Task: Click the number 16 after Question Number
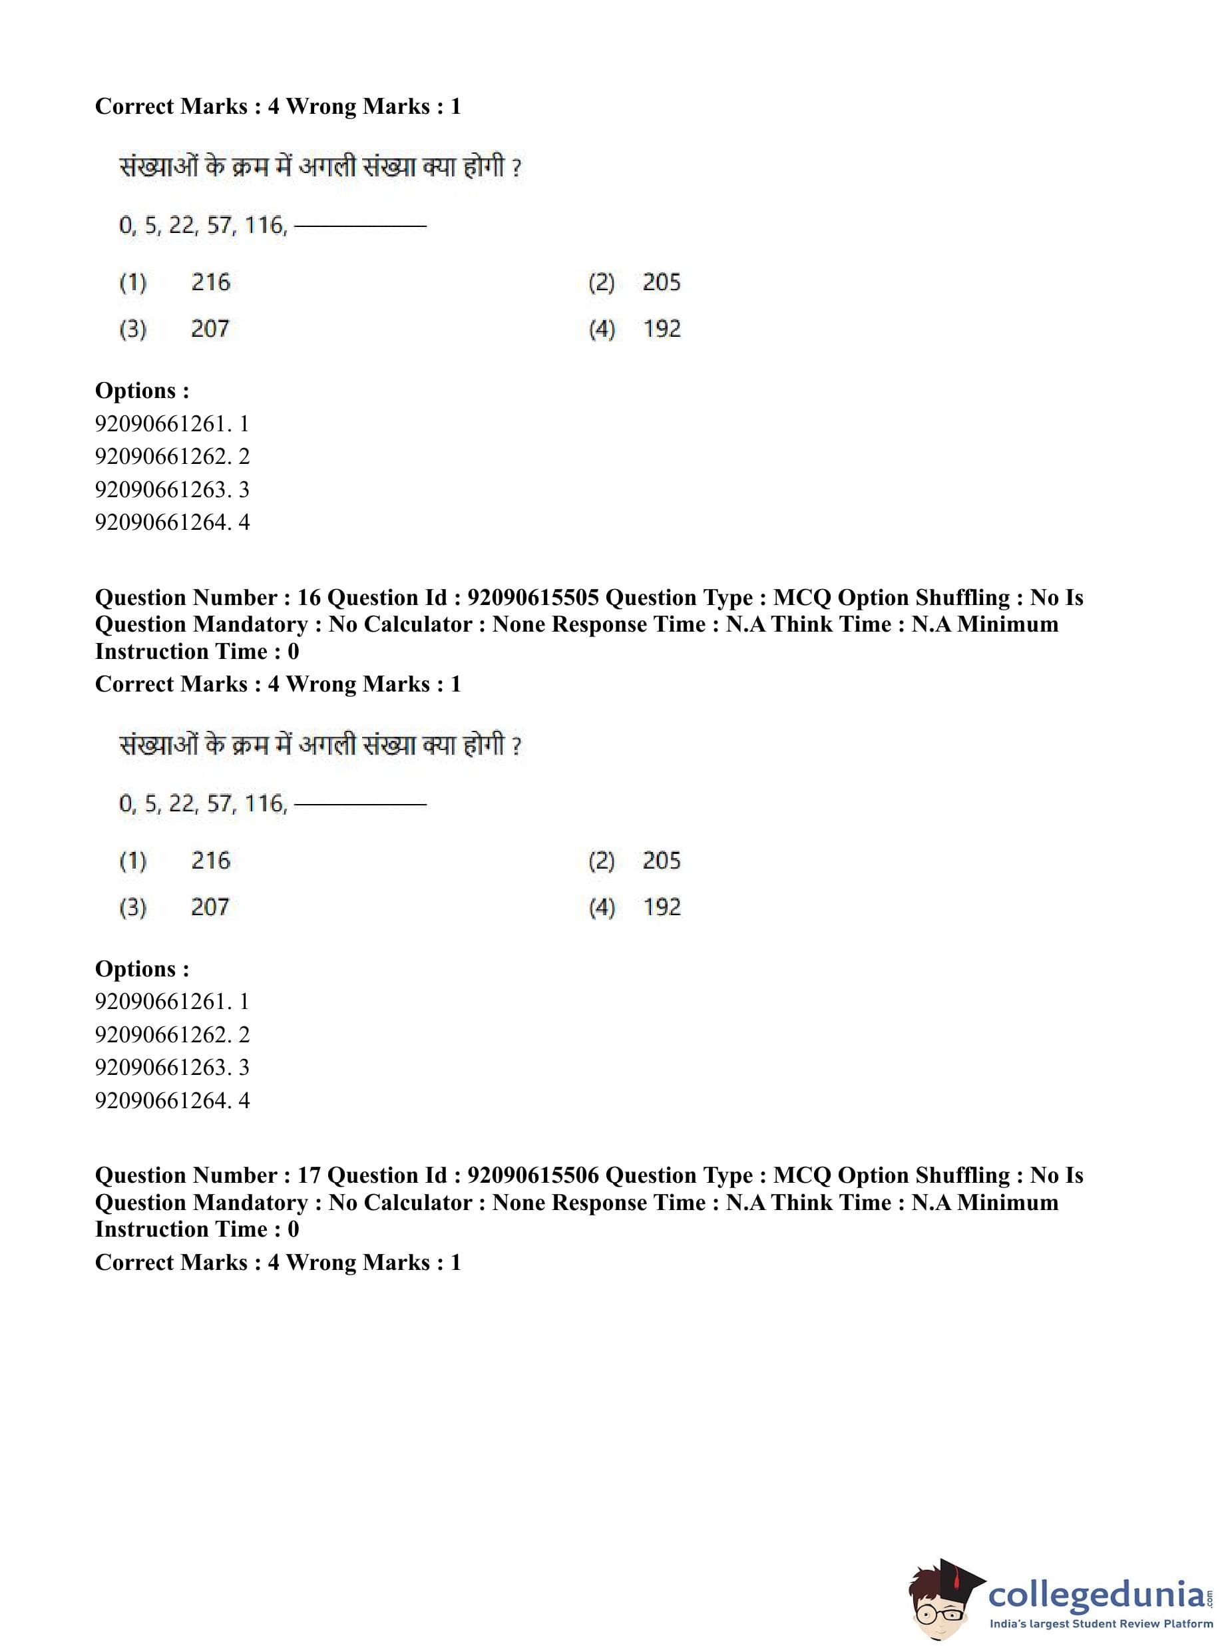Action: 307,598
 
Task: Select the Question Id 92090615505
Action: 532,598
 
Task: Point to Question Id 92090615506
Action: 532,1175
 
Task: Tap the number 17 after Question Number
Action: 307,1175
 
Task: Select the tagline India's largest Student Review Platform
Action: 1101,1624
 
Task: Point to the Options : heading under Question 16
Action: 142,969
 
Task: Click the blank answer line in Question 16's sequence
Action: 360,804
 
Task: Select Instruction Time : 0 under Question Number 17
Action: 197,1229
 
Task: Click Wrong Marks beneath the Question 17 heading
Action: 358,1263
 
